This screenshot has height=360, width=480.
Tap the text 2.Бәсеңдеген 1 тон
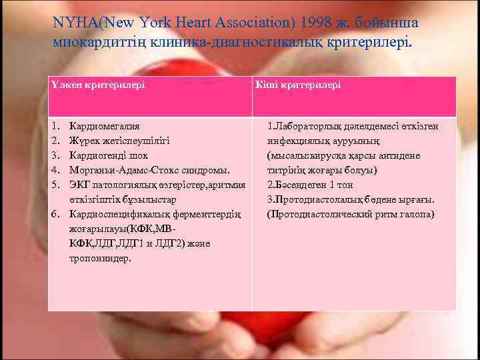(311, 185)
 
